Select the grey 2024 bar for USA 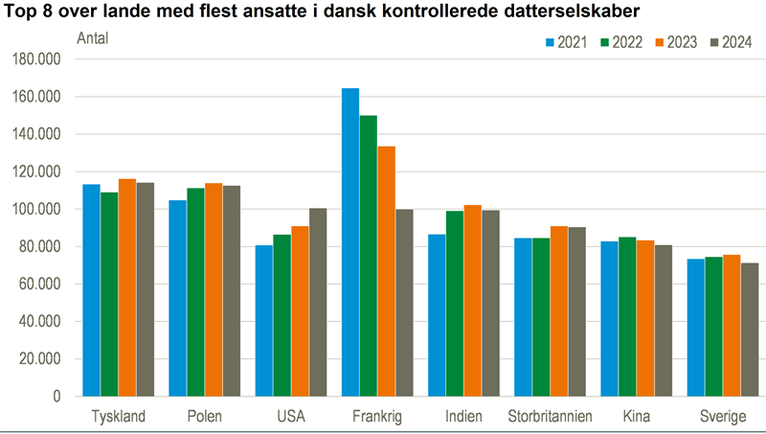(x=318, y=302)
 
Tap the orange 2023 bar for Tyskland (x=127, y=287)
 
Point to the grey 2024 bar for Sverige (x=749, y=330)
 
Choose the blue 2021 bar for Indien (x=437, y=315)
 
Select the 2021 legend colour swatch (x=551, y=42)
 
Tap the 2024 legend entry (x=731, y=42)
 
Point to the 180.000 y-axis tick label (x=38, y=59)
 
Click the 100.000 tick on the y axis (x=38, y=209)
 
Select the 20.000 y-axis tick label (x=42, y=359)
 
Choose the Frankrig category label (x=376, y=417)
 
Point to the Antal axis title (x=92, y=39)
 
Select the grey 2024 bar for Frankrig (x=404, y=303)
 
